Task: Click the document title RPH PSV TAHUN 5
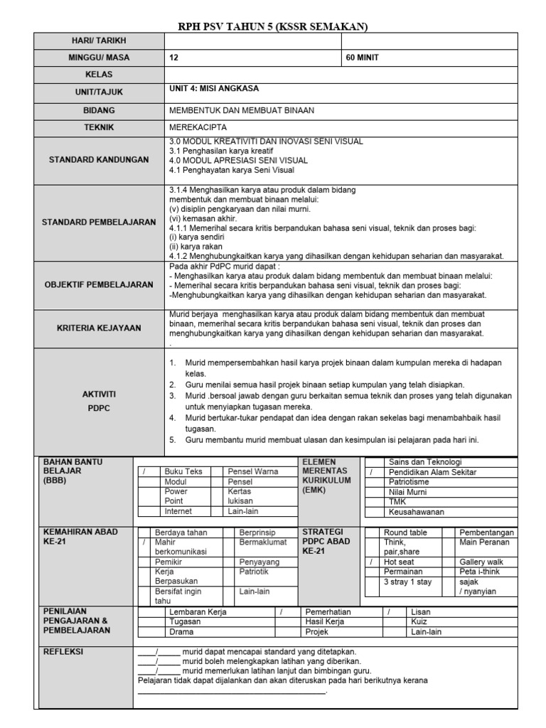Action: [x=272, y=26]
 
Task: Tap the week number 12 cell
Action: [x=175, y=58]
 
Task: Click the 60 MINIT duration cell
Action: [x=363, y=58]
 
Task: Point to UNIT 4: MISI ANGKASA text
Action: [x=214, y=90]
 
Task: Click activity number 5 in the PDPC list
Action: [x=173, y=439]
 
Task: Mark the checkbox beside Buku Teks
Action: [x=147, y=471]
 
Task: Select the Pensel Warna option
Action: [x=252, y=471]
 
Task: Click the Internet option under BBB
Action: [x=178, y=511]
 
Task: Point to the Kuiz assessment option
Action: [x=419, y=621]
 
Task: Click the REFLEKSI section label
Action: [x=64, y=651]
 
